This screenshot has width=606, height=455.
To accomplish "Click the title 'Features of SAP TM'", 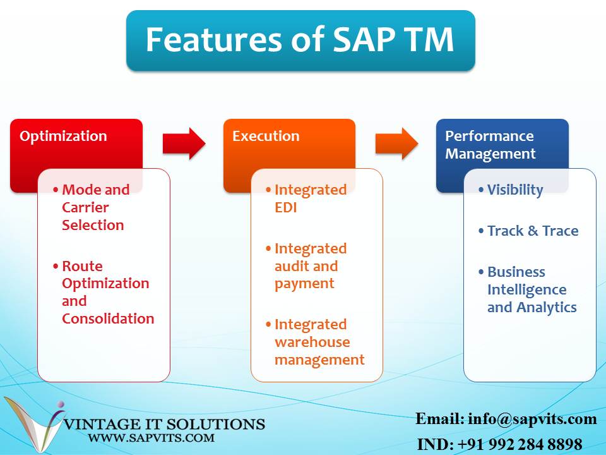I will pyautogui.click(x=300, y=39).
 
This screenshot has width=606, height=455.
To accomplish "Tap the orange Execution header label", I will pyautogui.click(x=266, y=136).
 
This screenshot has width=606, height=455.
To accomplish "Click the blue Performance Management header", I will pyautogui.click(x=489, y=145).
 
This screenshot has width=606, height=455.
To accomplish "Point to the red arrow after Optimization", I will pyautogui.click(x=184, y=144).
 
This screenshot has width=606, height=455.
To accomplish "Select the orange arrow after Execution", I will pyautogui.click(x=396, y=144).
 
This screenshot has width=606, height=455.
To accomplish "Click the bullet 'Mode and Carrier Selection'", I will pyautogui.click(x=95, y=207).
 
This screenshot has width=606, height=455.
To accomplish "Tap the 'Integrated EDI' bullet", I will pyautogui.click(x=309, y=198).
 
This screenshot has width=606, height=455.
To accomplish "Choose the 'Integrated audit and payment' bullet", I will pyautogui.click(x=309, y=266).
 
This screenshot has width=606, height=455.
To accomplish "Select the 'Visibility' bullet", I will pyautogui.click(x=514, y=190).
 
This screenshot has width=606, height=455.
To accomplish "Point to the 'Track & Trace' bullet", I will pyautogui.click(x=532, y=231).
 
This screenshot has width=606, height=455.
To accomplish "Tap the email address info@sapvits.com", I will pyautogui.click(x=532, y=419).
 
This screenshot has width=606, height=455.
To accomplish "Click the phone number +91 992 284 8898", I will pyautogui.click(x=517, y=444).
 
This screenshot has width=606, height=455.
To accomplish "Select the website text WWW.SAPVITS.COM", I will pyautogui.click(x=151, y=437).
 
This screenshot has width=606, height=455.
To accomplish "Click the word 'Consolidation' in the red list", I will pyautogui.click(x=108, y=318).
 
